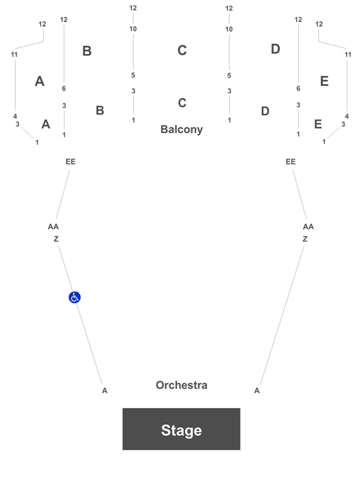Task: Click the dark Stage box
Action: coord(182,429)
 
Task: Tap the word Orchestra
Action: coord(182,385)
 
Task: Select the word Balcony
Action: coord(182,129)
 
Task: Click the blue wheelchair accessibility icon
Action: coord(75,297)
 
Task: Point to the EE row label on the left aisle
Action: coord(71,162)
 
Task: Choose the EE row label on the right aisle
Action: coord(291,162)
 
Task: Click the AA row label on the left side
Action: coord(53,226)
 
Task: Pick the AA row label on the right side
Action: coord(308,226)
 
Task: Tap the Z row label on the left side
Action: coord(56,239)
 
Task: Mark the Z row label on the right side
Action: coord(305,239)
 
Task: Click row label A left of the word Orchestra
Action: coord(104,390)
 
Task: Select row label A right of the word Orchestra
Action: coord(257,390)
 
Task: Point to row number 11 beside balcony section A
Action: coord(14,55)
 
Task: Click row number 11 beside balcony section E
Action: coord(348,55)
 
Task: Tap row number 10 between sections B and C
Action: coord(133,29)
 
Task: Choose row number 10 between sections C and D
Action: coord(229,29)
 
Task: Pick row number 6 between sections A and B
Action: coord(64,88)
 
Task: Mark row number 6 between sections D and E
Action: coord(298,88)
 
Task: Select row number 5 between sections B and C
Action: coord(133,75)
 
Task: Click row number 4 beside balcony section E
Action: coord(346,116)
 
